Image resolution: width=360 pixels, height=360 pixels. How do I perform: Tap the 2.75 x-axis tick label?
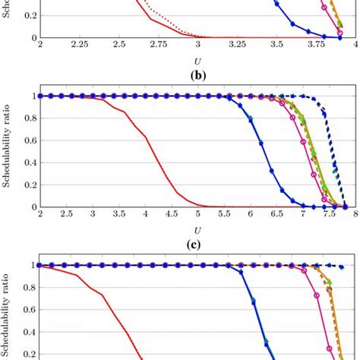click(x=158, y=46)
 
